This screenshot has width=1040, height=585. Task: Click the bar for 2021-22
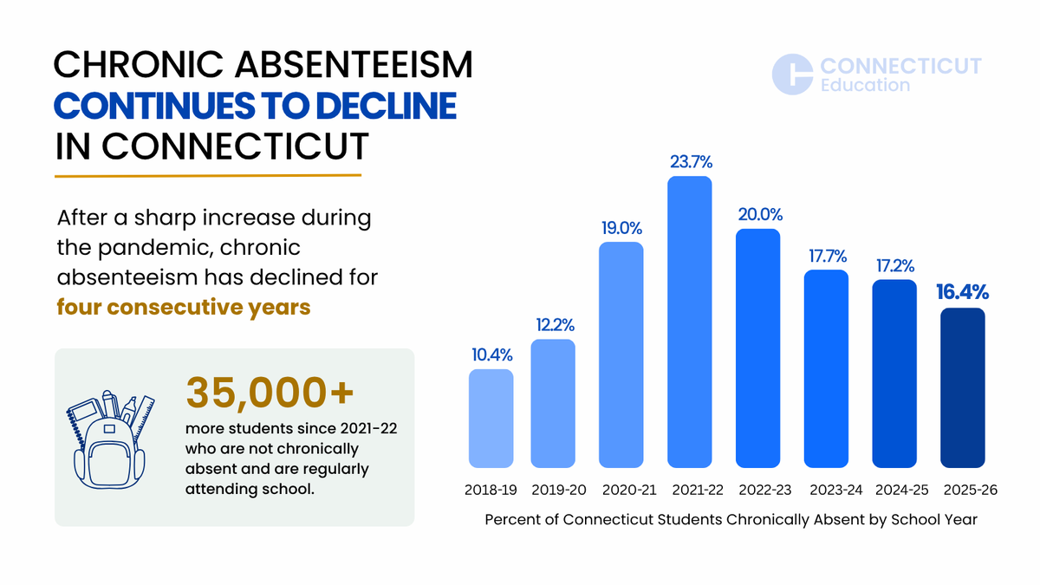click(690, 322)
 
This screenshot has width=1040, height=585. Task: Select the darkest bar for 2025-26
click(963, 387)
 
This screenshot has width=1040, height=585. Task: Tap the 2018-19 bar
click(491, 419)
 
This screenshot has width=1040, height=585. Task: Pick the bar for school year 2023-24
click(826, 368)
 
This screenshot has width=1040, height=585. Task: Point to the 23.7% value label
click(691, 161)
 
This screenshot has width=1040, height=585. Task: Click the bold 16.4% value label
click(963, 292)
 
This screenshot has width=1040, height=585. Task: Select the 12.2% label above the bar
click(555, 325)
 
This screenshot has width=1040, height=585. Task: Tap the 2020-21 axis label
click(629, 490)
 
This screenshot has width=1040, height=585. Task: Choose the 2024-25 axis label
click(901, 490)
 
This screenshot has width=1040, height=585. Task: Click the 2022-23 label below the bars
click(765, 490)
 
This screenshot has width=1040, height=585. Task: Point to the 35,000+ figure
click(270, 393)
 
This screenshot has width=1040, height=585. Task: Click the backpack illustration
click(111, 439)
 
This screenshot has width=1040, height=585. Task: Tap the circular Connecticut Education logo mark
click(792, 75)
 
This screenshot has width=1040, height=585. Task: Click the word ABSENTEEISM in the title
click(354, 64)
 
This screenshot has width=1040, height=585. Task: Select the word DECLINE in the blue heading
click(387, 106)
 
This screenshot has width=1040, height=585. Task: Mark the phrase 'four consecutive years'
click(184, 308)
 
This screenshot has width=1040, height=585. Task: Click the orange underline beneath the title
click(208, 175)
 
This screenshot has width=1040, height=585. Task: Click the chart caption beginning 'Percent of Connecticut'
click(731, 519)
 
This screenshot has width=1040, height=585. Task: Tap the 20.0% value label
click(760, 215)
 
